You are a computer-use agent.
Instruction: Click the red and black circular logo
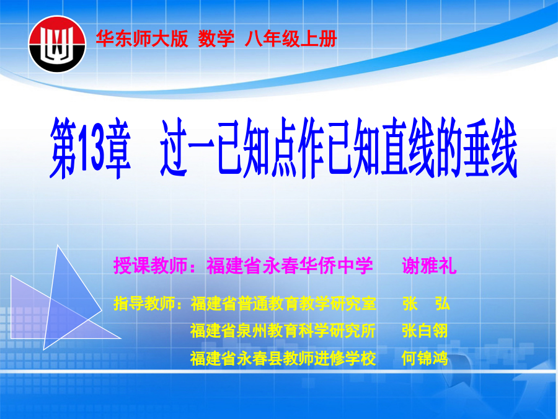(57, 44)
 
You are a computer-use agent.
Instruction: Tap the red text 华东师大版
(141, 38)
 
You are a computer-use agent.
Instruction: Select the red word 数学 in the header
(216, 38)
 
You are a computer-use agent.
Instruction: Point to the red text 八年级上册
(290, 38)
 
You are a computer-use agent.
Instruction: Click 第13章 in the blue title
(91, 148)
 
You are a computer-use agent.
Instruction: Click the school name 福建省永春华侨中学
(290, 266)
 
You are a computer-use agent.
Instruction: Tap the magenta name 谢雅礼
(429, 266)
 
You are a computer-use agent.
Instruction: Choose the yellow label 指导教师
(144, 304)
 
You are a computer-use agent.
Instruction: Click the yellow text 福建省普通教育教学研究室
(283, 304)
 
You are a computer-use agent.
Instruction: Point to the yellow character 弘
(442, 304)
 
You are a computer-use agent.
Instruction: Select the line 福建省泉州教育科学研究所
(283, 331)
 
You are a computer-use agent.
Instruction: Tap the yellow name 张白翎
(425, 331)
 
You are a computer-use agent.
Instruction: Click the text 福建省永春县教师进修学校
(283, 358)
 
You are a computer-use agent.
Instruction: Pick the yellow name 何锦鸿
(425, 358)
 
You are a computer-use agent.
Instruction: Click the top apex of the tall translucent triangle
(58, 245)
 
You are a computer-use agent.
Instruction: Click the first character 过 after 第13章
(174, 147)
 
